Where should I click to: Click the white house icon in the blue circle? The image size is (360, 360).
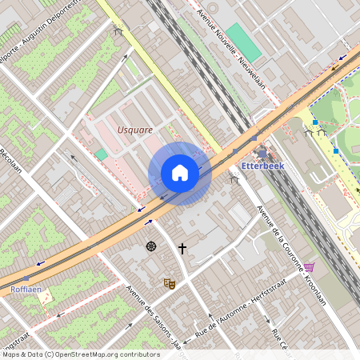pyautogui.click(x=180, y=173)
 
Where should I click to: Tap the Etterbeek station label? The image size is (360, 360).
pyautogui.click(x=262, y=166)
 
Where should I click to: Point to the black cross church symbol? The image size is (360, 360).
pyautogui.click(x=182, y=250)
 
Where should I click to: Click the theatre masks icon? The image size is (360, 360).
pyautogui.click(x=170, y=283)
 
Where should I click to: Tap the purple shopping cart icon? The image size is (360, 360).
pyautogui.click(x=309, y=267)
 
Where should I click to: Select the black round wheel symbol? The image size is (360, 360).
pyautogui.click(x=151, y=246)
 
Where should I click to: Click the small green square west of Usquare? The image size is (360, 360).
pyautogui.click(x=101, y=154)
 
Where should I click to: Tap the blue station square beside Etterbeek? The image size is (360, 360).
pyautogui.click(x=262, y=152)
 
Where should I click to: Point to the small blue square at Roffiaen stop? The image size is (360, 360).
pyautogui.click(x=26, y=279)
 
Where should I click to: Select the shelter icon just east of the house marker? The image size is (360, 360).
pyautogui.click(x=234, y=179)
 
